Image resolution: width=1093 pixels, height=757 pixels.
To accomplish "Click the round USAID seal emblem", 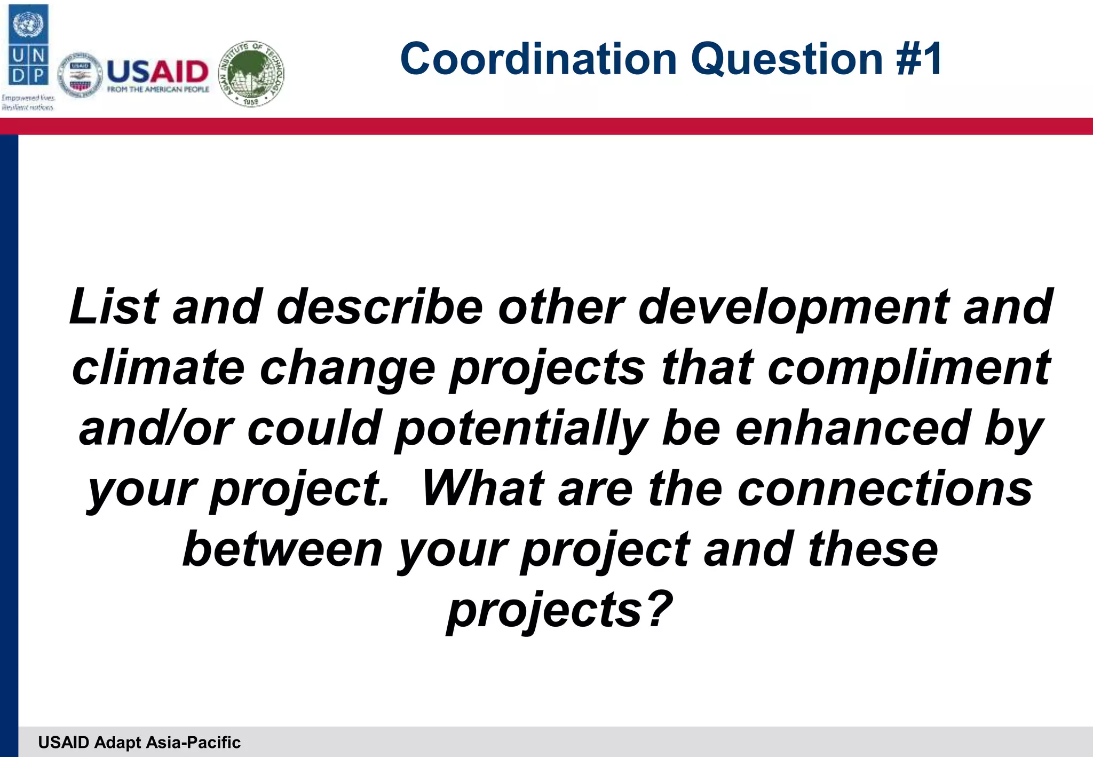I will click(80, 76).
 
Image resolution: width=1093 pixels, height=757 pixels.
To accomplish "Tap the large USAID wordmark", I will click(157, 72).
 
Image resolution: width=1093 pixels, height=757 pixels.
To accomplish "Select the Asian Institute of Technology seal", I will click(252, 74).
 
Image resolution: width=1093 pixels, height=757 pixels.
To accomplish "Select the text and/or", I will click(156, 428).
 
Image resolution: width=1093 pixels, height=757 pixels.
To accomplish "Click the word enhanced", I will click(852, 428).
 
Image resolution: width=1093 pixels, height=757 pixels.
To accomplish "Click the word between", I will click(283, 549).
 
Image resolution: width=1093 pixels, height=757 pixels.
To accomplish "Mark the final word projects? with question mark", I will click(559, 611).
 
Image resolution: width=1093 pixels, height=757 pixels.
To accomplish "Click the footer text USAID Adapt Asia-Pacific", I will click(139, 742).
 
